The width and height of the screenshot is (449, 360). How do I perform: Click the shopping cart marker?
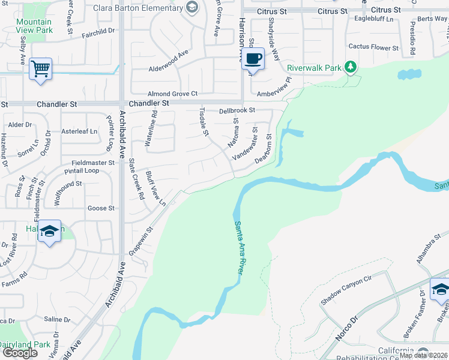[x=40, y=69]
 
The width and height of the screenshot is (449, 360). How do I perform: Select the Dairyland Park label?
[x=25, y=344]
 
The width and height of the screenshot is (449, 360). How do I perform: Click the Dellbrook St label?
[x=237, y=110]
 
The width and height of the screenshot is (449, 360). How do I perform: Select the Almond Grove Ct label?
[x=173, y=94]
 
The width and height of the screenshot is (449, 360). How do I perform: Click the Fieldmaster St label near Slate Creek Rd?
[x=92, y=163]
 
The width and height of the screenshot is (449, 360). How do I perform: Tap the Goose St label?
[x=101, y=208]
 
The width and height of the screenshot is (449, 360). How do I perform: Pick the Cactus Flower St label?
[x=373, y=47]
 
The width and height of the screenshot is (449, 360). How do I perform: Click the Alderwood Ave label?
[x=169, y=68]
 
